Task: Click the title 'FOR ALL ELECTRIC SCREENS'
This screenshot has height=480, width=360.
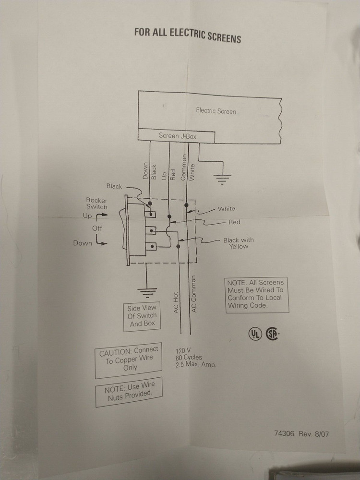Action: click(x=187, y=35)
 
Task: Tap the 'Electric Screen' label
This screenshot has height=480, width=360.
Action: click(x=216, y=111)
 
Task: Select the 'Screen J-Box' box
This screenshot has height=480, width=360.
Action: click(x=177, y=136)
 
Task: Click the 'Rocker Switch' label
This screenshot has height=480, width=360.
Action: click(x=96, y=204)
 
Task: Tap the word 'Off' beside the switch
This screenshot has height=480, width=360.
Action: click(x=97, y=228)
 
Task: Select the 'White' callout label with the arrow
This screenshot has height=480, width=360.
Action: click(x=226, y=209)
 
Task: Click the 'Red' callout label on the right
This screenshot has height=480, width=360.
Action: click(x=234, y=223)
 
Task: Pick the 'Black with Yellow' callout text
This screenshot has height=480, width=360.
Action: click(x=239, y=243)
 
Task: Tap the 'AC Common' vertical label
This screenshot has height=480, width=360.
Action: click(x=194, y=294)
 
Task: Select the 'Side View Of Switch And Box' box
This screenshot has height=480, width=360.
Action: click(x=143, y=316)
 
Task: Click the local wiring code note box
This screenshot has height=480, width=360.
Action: click(x=256, y=294)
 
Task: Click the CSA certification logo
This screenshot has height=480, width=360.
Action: click(x=273, y=334)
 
